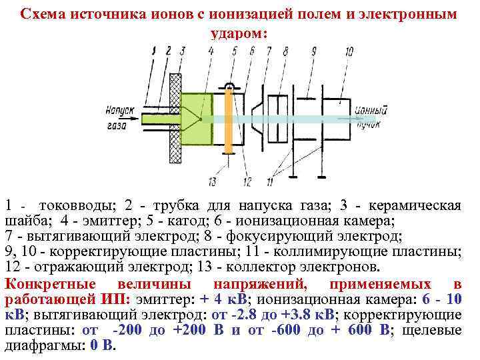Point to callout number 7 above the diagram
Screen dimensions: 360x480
(269, 51)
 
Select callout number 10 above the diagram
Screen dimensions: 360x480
(349, 51)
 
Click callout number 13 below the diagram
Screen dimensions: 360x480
(213, 181)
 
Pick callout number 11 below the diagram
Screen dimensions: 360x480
(270, 181)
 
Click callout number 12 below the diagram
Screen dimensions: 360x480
(247, 181)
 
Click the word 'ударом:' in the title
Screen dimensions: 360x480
(239, 31)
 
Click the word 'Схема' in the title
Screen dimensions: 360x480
(41, 14)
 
